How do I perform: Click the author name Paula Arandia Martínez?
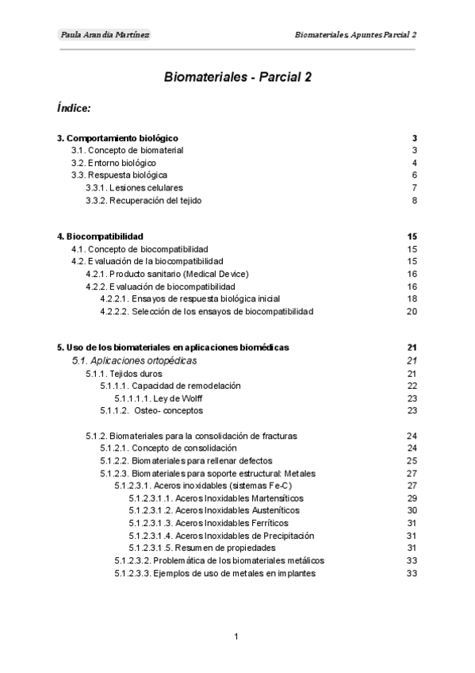coord(105,35)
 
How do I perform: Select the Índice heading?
coord(74,107)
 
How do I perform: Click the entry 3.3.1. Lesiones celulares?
coord(134,188)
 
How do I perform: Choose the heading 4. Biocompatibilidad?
coord(100,237)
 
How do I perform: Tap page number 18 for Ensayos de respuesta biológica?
coord(412,298)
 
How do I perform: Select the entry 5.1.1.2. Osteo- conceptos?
coord(151,411)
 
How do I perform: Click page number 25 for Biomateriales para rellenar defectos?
coord(412,460)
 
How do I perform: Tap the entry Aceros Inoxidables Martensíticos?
coord(216,498)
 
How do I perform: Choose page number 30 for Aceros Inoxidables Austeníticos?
coord(412,510)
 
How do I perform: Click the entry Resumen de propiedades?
coord(202,548)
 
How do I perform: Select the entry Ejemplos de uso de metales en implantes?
coord(215,573)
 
